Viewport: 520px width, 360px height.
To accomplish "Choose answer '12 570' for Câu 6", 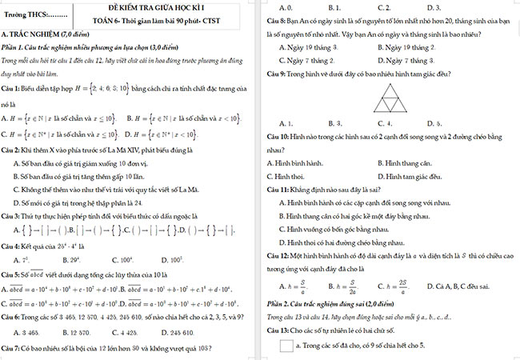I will pos(84,332).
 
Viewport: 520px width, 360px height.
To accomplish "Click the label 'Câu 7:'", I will pos(13,350).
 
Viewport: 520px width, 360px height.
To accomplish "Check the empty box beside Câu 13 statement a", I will pos(286,346).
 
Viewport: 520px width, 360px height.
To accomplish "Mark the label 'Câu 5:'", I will pos(13,274).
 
